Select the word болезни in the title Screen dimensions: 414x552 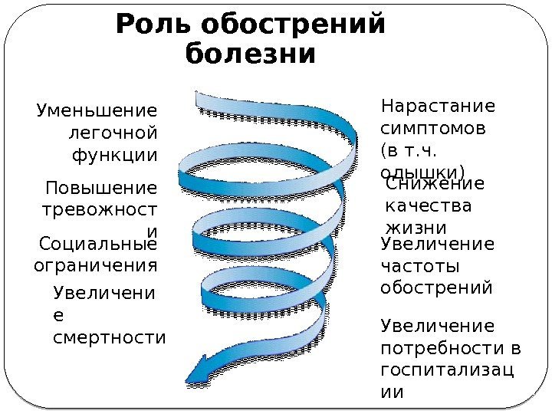[251, 54]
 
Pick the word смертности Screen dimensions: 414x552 [110, 337]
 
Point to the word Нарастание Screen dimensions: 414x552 [439, 105]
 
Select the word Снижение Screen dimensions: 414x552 [435, 184]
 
